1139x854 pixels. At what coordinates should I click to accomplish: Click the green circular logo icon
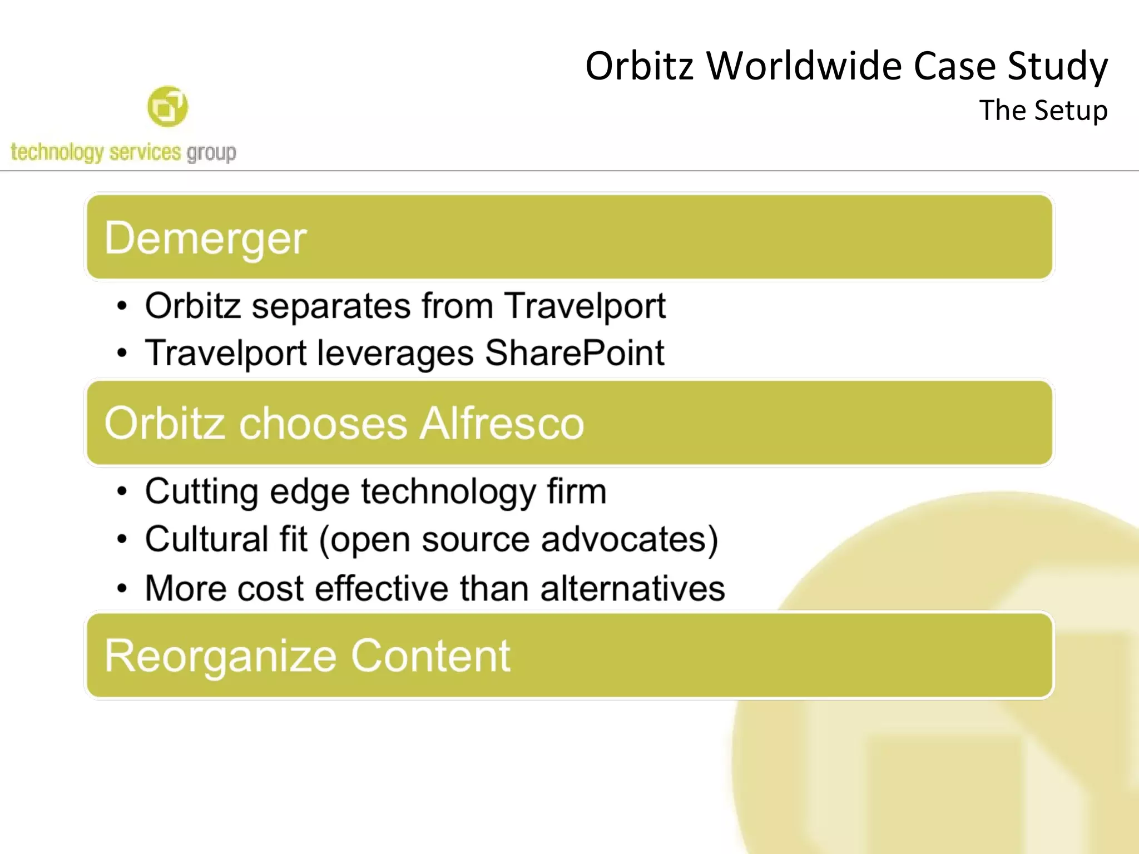coord(167,106)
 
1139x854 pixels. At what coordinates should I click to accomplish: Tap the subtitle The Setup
coord(1043,110)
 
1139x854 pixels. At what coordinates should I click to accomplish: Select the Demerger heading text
coord(205,238)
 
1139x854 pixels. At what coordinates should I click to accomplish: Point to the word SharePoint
coord(575,353)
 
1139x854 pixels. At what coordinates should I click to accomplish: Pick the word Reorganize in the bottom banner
coord(220,656)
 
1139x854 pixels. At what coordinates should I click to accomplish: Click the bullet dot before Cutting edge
coord(122,491)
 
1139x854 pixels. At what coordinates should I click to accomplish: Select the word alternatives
coord(632,588)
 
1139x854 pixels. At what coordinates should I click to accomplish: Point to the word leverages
coord(395,354)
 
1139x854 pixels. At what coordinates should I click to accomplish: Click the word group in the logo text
coord(211,152)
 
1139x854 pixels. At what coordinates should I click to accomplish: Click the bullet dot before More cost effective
coord(122,589)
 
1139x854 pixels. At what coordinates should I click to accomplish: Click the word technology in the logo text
coord(57,152)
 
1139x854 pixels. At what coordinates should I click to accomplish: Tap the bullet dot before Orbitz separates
coord(122,306)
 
